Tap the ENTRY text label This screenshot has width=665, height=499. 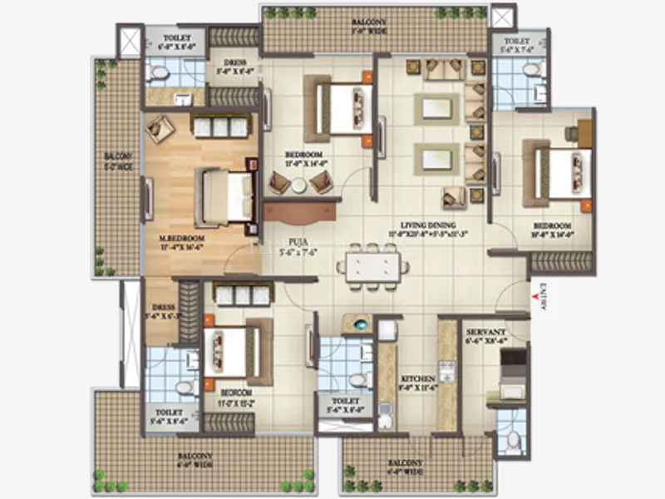[x=544, y=297]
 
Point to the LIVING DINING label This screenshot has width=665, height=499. [x=419, y=224]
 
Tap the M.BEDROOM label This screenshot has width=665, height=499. [x=183, y=240]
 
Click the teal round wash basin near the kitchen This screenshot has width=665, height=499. [x=361, y=324]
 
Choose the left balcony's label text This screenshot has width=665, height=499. [x=119, y=161]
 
